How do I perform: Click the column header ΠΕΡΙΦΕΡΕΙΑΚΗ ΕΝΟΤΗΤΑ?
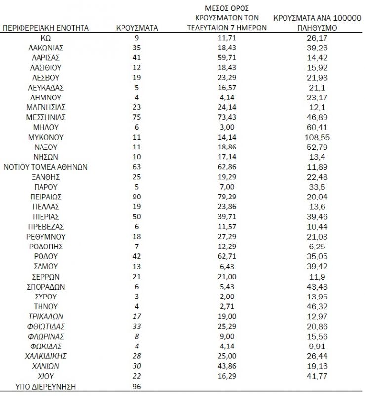[46, 28]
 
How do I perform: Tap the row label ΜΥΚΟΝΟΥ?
[46, 137]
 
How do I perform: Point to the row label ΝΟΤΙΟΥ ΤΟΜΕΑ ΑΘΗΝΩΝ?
[46, 167]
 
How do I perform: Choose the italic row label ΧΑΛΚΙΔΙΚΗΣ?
[46, 356]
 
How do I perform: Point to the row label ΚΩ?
[46, 38]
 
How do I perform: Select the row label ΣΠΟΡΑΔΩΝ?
[46, 287]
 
